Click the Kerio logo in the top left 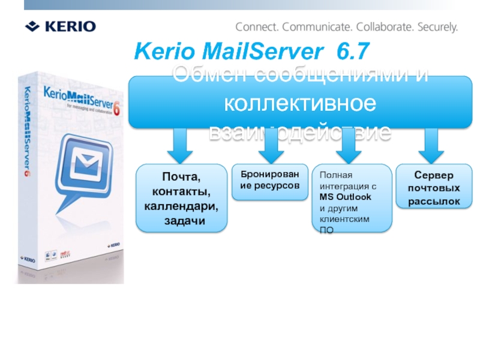[60, 26]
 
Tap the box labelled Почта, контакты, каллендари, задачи [182, 199]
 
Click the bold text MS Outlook [345, 196]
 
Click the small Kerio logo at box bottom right [112, 245]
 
